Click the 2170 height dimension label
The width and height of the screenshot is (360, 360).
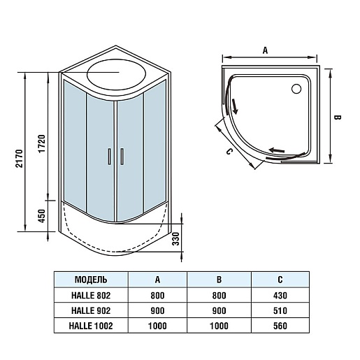[x=19, y=159]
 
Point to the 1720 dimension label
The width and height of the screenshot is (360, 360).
[x=42, y=144]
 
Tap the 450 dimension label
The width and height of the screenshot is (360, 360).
[x=41, y=216]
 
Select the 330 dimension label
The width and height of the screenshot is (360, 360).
[x=176, y=239]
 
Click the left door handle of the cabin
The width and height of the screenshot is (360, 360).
[x=109, y=157]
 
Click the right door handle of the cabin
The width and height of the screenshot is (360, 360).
[x=122, y=157]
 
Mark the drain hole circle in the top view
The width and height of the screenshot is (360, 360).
[x=296, y=89]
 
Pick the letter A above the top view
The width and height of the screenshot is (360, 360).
[x=265, y=50]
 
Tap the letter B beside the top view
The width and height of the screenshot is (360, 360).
[x=337, y=117]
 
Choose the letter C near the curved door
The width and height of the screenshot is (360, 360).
[x=229, y=152]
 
